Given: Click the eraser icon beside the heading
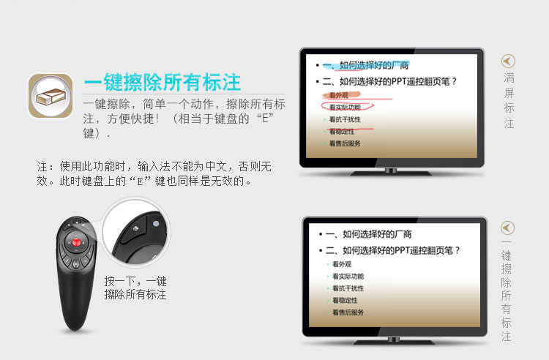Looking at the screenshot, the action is [51, 95].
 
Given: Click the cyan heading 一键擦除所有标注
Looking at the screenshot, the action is [163, 82].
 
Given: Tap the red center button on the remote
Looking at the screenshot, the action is [76, 242].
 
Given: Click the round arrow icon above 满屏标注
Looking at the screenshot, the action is [508, 61].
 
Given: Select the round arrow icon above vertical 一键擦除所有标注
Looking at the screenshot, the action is [507, 228].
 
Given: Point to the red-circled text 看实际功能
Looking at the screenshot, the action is [346, 107].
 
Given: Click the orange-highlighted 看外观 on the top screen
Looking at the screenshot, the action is [339, 95].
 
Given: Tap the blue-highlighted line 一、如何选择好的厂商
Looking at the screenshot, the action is [365, 65].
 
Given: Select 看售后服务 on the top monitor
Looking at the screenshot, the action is [345, 143].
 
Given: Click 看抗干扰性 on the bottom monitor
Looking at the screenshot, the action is [348, 288].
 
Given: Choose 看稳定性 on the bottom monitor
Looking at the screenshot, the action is [345, 300].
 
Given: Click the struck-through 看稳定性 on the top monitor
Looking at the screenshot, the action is [342, 132].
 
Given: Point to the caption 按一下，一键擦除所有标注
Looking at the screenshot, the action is [135, 288].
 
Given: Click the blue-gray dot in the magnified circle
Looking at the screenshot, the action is [156, 224].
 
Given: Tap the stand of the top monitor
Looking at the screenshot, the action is [391, 171].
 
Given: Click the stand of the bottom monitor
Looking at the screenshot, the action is [394, 340].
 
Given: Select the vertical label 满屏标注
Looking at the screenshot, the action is [509, 100].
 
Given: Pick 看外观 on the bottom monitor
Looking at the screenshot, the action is [342, 264].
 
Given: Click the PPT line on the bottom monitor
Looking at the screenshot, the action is [392, 250].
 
